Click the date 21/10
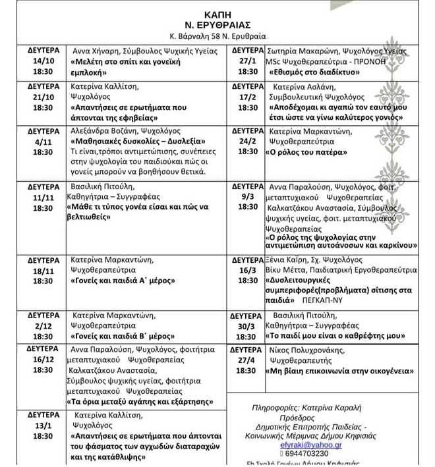(43, 96)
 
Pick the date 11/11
(43, 197)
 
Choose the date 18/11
(43, 270)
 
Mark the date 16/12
(43, 359)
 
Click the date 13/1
(43, 426)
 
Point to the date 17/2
(248, 96)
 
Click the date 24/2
(248, 140)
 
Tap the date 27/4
(248, 360)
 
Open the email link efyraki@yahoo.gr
(312, 445)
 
